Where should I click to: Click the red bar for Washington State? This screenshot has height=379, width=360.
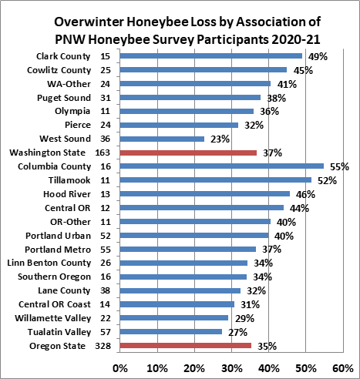pyautogui.click(x=188, y=153)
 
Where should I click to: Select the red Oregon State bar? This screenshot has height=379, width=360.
pyautogui.click(x=186, y=346)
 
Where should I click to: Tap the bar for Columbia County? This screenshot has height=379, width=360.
pyautogui.click(x=222, y=166)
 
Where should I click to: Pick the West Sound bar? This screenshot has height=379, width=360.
pyautogui.click(x=162, y=139)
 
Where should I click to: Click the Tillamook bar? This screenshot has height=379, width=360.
pyautogui.click(x=216, y=180)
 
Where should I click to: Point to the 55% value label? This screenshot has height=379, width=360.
pyautogui.click(x=339, y=167)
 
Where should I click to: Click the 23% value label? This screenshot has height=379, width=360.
pyautogui.click(x=220, y=139)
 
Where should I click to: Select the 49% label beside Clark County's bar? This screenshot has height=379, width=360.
pyautogui.click(x=318, y=57)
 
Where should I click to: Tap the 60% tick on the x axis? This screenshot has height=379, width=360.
pyautogui.click(x=343, y=369)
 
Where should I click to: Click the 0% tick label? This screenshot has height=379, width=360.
pyautogui.click(x=120, y=369)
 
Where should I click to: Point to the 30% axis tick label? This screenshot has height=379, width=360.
pyautogui.click(x=232, y=369)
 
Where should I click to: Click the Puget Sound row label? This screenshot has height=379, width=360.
pyautogui.click(x=64, y=98)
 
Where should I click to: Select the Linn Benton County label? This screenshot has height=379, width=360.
pyautogui.click(x=49, y=263)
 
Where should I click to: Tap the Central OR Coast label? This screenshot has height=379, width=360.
pyautogui.click(x=55, y=304)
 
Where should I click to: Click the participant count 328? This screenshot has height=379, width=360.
pyautogui.click(x=103, y=346)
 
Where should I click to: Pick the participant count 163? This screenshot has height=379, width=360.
pyautogui.click(x=103, y=153)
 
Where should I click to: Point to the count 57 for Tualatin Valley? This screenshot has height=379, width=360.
pyautogui.click(x=106, y=332)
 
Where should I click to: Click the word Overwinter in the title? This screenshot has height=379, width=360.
pyautogui.click(x=89, y=22)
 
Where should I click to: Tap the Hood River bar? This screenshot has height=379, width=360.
pyautogui.click(x=205, y=194)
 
